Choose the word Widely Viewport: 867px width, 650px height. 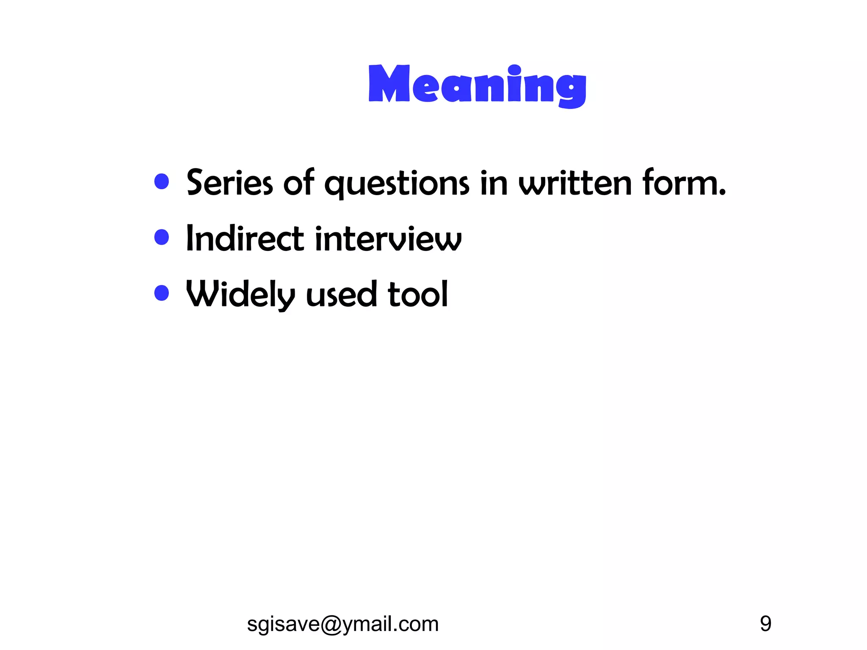(240, 295)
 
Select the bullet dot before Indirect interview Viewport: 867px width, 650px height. (162, 237)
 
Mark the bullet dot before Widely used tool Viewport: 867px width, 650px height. (162, 293)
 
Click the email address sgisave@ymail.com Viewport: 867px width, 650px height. (342, 624)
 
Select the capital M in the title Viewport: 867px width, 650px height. (389, 83)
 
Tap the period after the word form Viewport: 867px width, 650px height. (722, 193)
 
